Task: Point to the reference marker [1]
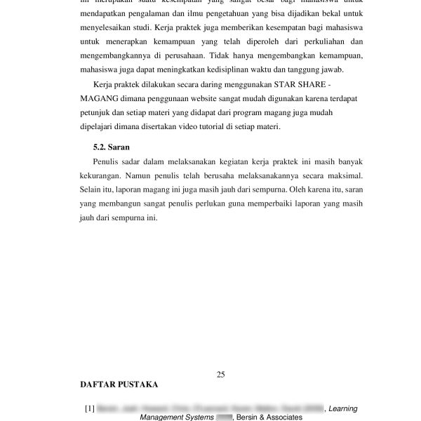89,408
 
